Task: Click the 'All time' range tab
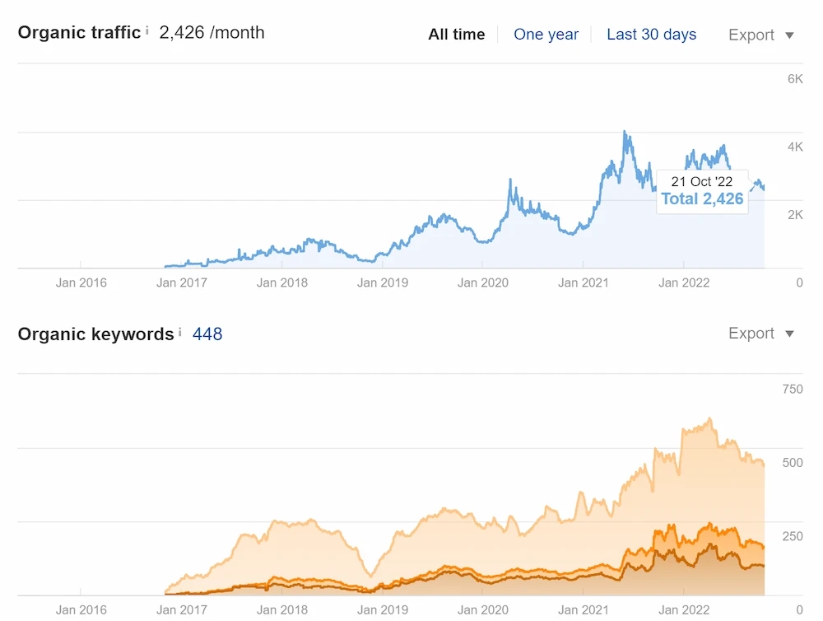coord(457,35)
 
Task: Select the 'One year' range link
coord(546,35)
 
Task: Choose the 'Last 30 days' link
coord(651,35)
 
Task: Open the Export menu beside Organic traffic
coord(761,35)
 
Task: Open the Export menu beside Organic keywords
coord(761,334)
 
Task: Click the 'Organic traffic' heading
coord(79,33)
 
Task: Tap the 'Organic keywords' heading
coord(95,334)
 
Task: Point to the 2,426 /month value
coord(212,33)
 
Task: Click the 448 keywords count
coord(207,334)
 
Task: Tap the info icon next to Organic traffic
coord(147,31)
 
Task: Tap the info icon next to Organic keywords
coord(180,332)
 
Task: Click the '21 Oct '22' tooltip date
coord(702,182)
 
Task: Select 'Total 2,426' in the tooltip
coord(702,198)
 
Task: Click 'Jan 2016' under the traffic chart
coord(81,282)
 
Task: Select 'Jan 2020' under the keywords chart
coord(483,610)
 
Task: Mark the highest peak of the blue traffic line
coord(625,132)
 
